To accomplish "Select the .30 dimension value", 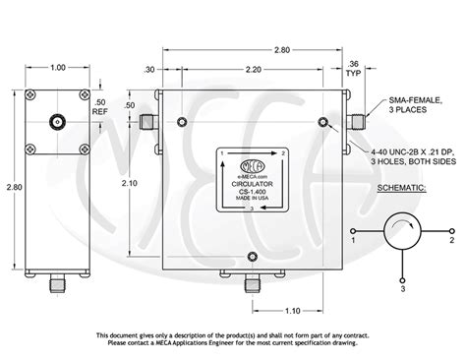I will click(148, 70).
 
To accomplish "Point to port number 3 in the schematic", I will click(403, 290).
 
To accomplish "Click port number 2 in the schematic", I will click(451, 239).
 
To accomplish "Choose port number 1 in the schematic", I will click(353, 239).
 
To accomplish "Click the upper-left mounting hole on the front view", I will click(183, 122).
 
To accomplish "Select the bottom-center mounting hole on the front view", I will click(254, 258).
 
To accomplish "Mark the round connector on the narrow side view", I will click(58, 125).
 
